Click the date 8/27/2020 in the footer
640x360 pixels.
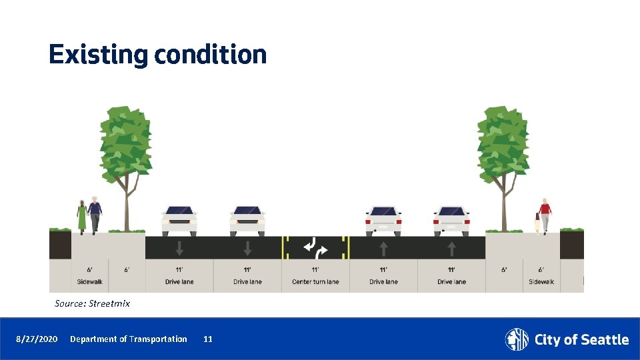[37, 339]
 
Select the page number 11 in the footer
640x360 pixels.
[208, 339]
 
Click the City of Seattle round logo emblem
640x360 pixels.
[517, 339]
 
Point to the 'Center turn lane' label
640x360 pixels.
[315, 282]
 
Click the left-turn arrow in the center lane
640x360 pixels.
[310, 245]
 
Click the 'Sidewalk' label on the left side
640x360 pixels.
[90, 282]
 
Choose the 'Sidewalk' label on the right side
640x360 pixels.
[541, 282]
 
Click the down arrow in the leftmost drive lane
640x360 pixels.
[179, 249]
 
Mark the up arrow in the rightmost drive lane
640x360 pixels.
[451, 249]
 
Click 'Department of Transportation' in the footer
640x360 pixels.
[129, 339]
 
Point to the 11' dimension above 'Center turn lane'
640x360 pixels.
[315, 270]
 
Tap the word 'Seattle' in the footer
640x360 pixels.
[603, 340]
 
